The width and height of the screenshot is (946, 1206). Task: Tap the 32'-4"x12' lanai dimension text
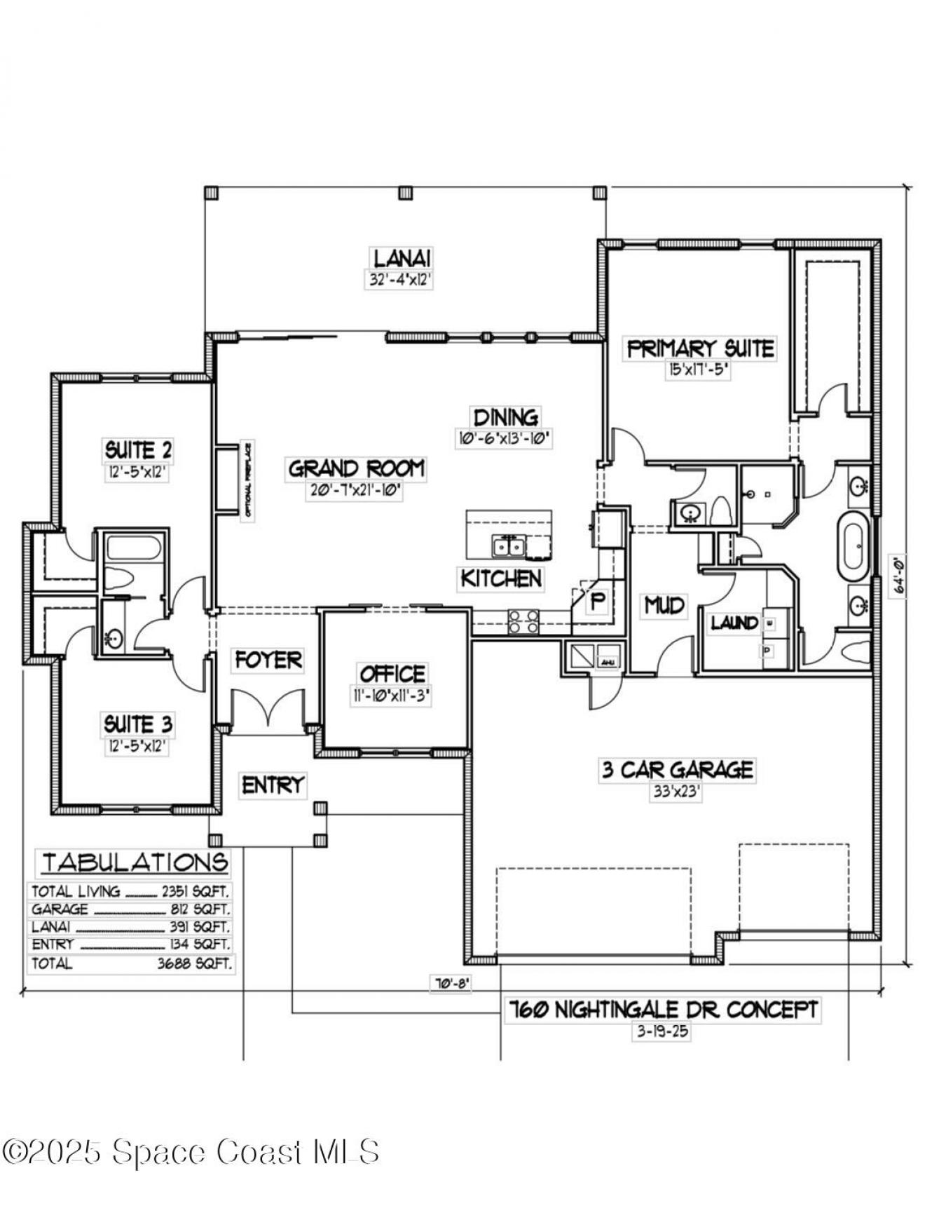[x=400, y=280]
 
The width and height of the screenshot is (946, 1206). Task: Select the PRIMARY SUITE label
[x=700, y=348]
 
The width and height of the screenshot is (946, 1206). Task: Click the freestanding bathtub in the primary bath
[x=853, y=542]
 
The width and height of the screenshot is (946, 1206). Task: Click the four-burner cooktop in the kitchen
[x=523, y=621]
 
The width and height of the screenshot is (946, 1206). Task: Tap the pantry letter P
[x=597, y=601]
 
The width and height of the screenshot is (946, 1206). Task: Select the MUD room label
[x=664, y=604]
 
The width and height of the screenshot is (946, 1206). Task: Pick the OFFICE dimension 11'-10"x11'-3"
[x=392, y=696]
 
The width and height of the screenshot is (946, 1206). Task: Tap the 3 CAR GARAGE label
[x=677, y=770]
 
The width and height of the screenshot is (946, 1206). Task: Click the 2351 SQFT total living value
[x=195, y=891]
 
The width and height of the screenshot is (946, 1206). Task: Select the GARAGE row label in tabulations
[x=60, y=909]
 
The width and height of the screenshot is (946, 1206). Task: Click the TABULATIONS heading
[x=135, y=862]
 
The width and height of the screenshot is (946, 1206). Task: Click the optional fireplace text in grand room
[x=247, y=481]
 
